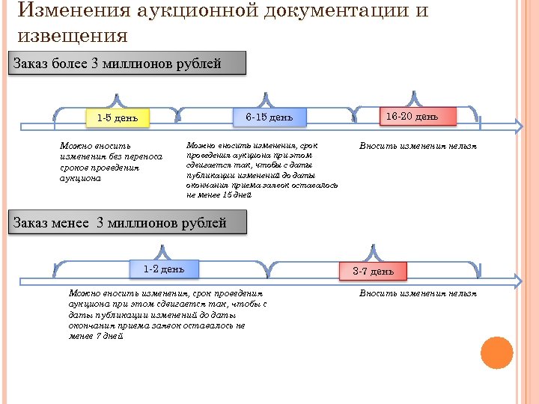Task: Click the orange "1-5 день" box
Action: (x=118, y=118)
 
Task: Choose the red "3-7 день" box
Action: (x=373, y=271)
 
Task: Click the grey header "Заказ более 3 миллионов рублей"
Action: (x=127, y=64)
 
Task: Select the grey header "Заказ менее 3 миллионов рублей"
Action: (x=127, y=223)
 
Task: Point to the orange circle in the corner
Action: (x=496, y=352)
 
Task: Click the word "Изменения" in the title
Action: (x=75, y=13)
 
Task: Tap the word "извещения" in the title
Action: (x=72, y=35)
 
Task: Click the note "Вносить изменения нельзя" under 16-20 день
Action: (x=418, y=146)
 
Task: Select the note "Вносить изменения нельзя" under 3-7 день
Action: (x=418, y=293)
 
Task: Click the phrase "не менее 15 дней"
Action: (x=219, y=195)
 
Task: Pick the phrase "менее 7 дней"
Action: (x=96, y=337)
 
